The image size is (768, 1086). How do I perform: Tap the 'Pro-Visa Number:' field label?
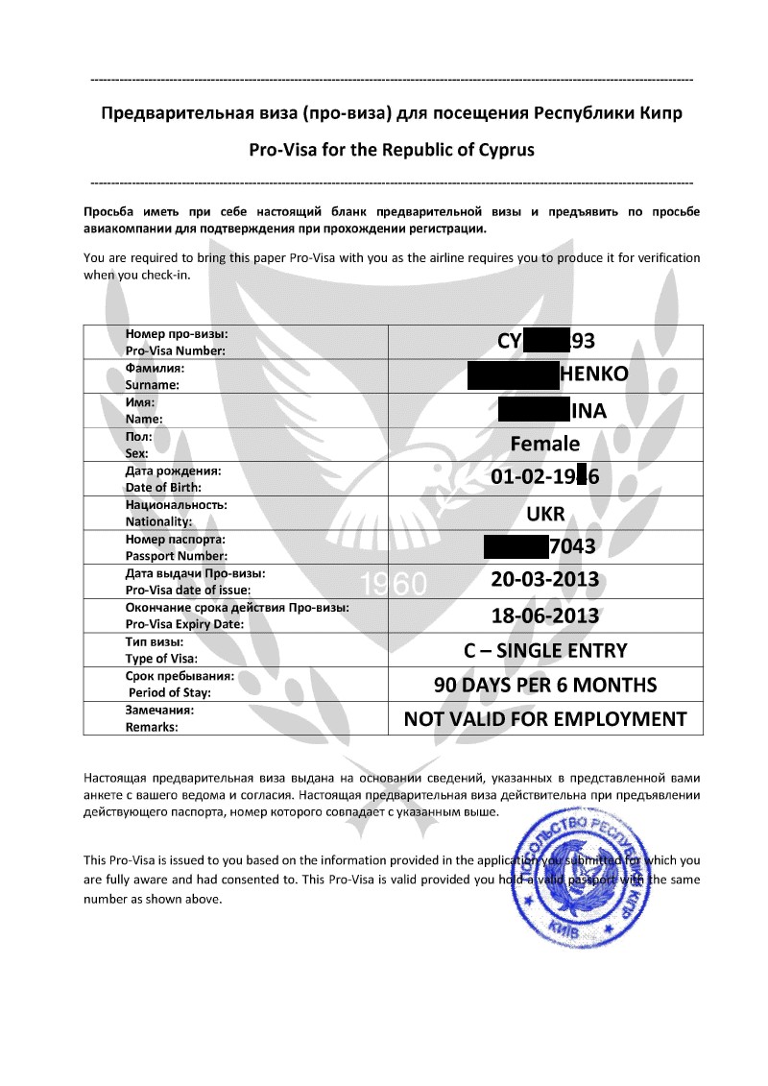point(176,350)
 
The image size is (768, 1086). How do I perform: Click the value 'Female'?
point(544,444)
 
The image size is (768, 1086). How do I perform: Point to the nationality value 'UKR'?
point(544,513)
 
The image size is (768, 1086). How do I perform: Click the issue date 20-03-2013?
point(544,580)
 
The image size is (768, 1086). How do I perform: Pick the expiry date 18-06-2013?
point(544,615)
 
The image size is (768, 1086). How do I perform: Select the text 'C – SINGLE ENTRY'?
point(544,650)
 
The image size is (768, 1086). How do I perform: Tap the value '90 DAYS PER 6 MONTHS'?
point(544,685)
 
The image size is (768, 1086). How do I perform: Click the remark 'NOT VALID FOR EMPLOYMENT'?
point(544,719)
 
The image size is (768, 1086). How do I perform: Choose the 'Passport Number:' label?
point(176,556)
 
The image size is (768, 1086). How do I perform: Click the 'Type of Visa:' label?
point(161,659)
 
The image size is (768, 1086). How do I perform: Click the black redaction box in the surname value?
point(513,375)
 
